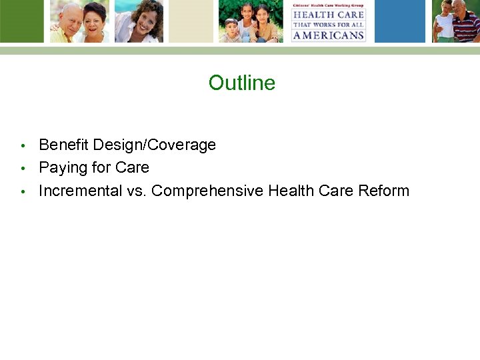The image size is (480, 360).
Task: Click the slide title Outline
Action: [241, 83]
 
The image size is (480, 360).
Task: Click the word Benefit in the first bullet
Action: [64, 145]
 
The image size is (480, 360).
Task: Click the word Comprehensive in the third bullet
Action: [207, 191]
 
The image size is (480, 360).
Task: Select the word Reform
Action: [383, 191]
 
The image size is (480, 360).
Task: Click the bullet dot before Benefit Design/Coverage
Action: [23, 145]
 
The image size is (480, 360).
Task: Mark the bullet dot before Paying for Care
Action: [23, 168]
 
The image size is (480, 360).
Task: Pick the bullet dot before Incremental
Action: [23, 191]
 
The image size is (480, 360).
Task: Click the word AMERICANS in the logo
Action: [328, 35]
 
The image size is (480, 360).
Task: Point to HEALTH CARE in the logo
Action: [328, 15]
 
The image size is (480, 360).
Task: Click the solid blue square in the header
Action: [399, 21]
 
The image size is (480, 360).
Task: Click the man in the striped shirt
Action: [465, 20]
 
